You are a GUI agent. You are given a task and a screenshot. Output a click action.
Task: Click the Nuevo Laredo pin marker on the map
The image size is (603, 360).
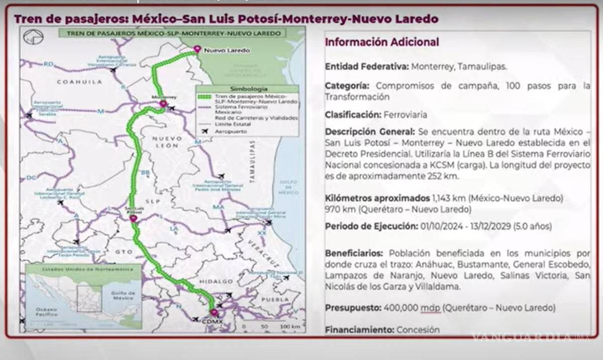(196, 49)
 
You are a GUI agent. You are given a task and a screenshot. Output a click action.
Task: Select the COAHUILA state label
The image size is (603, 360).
(75, 81)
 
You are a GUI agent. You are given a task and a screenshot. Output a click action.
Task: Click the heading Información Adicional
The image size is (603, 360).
(382, 42)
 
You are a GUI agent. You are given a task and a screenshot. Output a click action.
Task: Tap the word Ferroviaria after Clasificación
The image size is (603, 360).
(405, 115)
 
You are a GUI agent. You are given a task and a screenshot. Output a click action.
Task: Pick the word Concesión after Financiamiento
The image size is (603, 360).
(418, 330)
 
